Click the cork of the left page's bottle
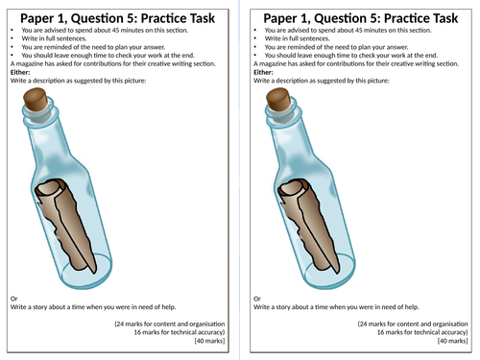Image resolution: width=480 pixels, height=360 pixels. tap(36, 99)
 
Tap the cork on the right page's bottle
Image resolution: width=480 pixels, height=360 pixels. tap(279, 99)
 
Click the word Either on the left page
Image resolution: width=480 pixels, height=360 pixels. tap(20, 72)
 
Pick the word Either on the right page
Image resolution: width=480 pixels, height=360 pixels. tap(263, 72)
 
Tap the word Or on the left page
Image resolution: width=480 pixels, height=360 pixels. tap(13, 299)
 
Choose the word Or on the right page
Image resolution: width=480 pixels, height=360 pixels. tap(257, 299)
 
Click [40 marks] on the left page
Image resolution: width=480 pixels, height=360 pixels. tap(209, 341)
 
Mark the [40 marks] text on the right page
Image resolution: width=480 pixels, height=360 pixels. tap(453, 341)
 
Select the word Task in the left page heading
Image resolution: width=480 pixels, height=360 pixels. tap(202, 18)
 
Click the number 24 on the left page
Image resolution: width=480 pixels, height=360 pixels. tap(120, 324)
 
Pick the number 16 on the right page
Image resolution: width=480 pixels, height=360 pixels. tap(381, 332)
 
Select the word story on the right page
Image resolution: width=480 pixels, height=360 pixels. tap(283, 307)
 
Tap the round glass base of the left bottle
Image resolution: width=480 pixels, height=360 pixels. tap(86, 271)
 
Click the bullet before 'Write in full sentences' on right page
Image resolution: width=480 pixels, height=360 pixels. tap(255, 38)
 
